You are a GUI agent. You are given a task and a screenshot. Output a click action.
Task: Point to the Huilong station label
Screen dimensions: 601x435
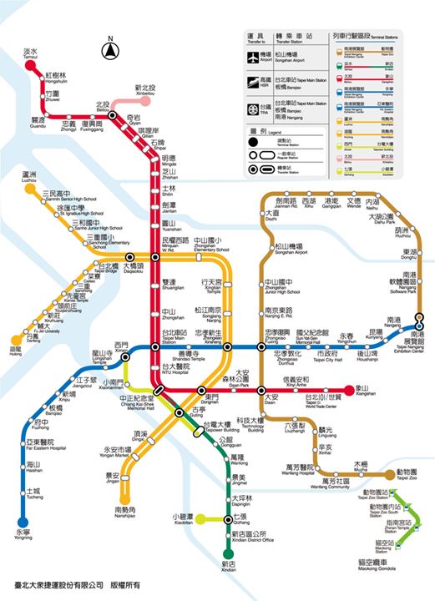(x=15, y=351)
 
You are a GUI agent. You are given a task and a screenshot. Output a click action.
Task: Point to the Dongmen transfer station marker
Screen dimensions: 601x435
(x=201, y=391)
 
